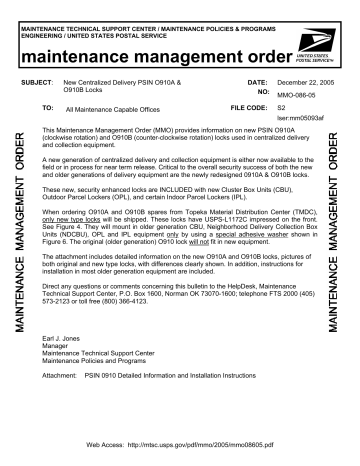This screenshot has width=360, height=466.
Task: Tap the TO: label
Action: (47, 103)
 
